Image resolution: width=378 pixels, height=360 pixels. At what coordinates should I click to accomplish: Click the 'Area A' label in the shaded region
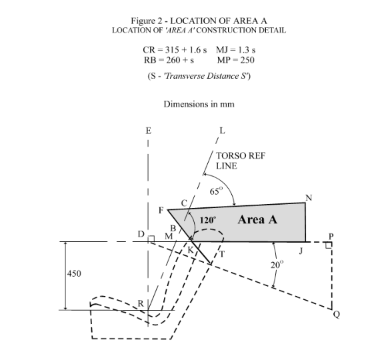click(x=257, y=219)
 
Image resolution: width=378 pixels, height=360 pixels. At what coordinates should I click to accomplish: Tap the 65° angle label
click(x=216, y=191)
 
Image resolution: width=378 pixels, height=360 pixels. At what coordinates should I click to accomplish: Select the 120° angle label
click(x=208, y=220)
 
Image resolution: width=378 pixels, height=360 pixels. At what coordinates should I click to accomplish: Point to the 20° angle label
click(x=277, y=265)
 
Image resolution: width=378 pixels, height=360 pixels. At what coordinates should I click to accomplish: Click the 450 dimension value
click(x=74, y=273)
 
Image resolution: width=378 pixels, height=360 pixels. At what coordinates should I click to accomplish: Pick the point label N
click(x=309, y=198)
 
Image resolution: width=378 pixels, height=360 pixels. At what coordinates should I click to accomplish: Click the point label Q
click(x=337, y=315)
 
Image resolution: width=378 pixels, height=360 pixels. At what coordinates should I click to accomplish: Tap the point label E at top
click(x=149, y=131)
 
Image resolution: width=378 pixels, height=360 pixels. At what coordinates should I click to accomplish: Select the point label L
click(x=222, y=131)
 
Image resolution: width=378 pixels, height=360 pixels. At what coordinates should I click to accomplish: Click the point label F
click(x=161, y=211)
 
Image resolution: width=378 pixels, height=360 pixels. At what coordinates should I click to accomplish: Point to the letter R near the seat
click(x=141, y=304)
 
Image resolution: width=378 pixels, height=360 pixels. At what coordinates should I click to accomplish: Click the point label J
click(x=301, y=251)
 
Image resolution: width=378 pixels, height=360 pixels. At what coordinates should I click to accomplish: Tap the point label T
click(x=222, y=254)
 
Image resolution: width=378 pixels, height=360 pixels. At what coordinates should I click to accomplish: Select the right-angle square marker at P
click(x=329, y=245)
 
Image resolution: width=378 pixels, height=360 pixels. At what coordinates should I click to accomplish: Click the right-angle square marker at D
click(x=151, y=239)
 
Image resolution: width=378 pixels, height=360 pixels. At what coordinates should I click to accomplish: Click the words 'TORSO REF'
click(x=241, y=156)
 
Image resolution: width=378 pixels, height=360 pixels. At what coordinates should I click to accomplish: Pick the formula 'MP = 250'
click(x=235, y=60)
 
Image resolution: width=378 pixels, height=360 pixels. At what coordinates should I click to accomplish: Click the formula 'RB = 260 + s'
click(x=169, y=60)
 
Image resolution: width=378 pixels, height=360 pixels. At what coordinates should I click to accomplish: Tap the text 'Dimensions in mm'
click(x=199, y=104)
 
